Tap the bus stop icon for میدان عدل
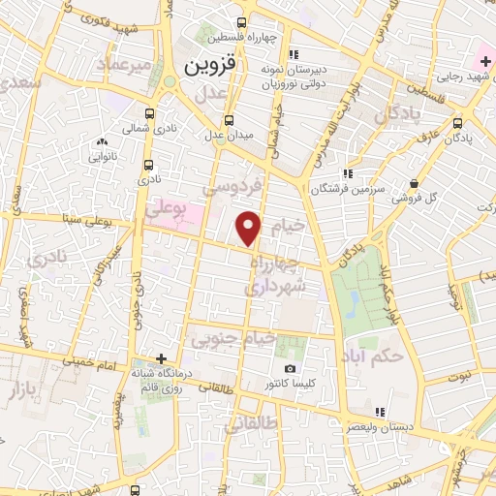pos(229,121)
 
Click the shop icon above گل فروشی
pos(414,182)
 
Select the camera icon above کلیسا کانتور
pos(290,369)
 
